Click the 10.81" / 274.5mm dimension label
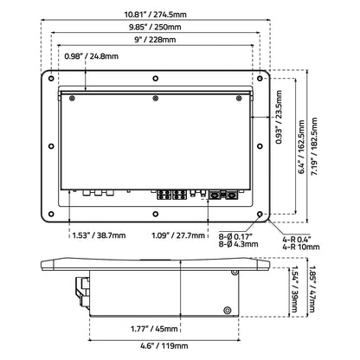click(156, 14)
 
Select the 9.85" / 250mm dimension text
click(155, 27)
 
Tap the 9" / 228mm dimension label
click(155, 40)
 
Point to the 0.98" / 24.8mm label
click(92, 56)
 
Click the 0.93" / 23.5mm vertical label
click(279, 117)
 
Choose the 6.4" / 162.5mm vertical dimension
click(301, 147)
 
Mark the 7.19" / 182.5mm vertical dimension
click(314, 146)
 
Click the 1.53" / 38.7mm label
click(99, 235)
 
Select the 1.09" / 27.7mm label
click(178, 235)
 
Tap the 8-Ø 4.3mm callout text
click(239, 244)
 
